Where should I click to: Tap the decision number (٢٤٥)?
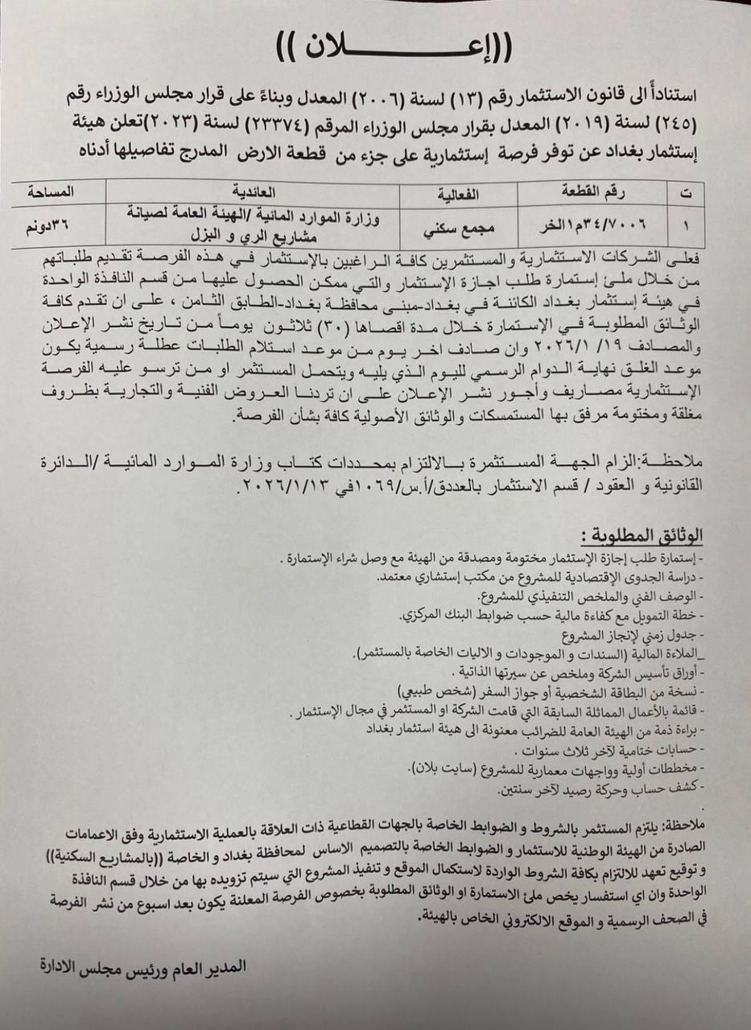pos(673,126)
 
